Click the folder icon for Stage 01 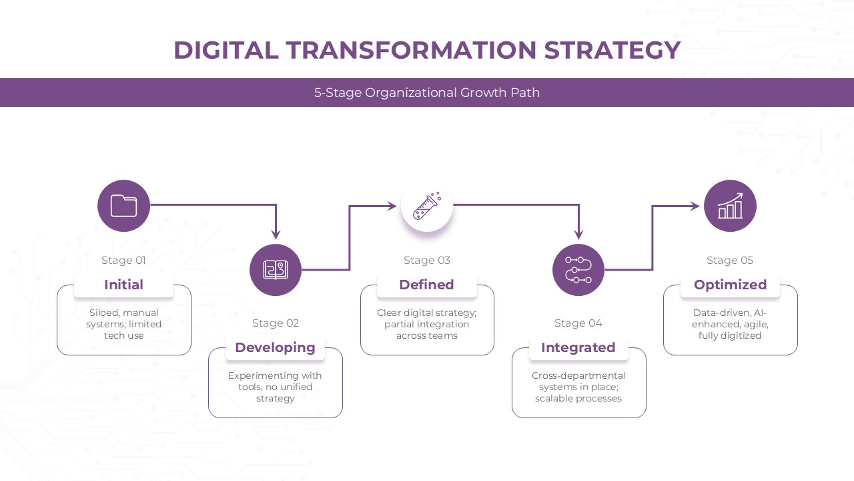pyautogui.click(x=123, y=206)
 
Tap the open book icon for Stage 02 pyautogui.click(x=276, y=270)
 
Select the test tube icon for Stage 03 pyautogui.click(x=427, y=206)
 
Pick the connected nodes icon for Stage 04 pyautogui.click(x=578, y=270)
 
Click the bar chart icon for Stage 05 pyautogui.click(x=730, y=206)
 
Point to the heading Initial pyautogui.click(x=123, y=285)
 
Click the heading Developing pyautogui.click(x=275, y=347)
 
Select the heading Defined pyautogui.click(x=426, y=285)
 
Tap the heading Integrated pyautogui.click(x=578, y=347)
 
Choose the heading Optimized pyautogui.click(x=730, y=285)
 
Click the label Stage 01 pyautogui.click(x=123, y=261)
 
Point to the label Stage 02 pyautogui.click(x=275, y=323)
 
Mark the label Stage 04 pyautogui.click(x=578, y=323)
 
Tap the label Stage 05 pyautogui.click(x=729, y=261)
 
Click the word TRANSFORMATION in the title pyautogui.click(x=411, y=51)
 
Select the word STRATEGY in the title pyautogui.click(x=612, y=51)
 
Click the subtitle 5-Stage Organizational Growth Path pyautogui.click(x=427, y=93)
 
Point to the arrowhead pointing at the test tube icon pyautogui.click(x=393, y=206)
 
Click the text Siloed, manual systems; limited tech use pyautogui.click(x=123, y=324)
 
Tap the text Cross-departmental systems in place pyautogui.click(x=578, y=381)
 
